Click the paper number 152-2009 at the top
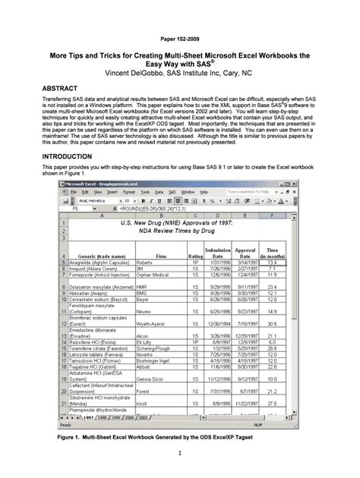pyautogui.click(x=179, y=37)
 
